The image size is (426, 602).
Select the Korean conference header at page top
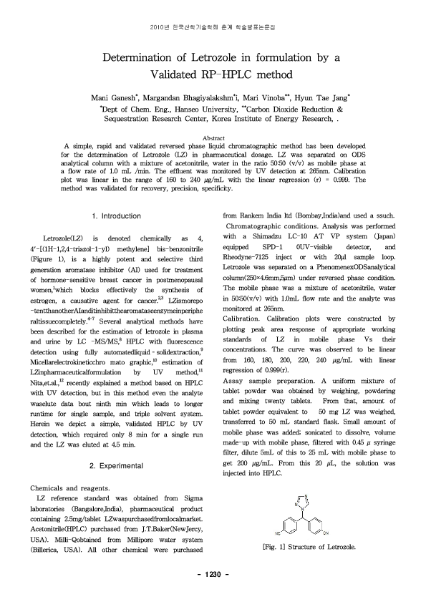tap(213, 26)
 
